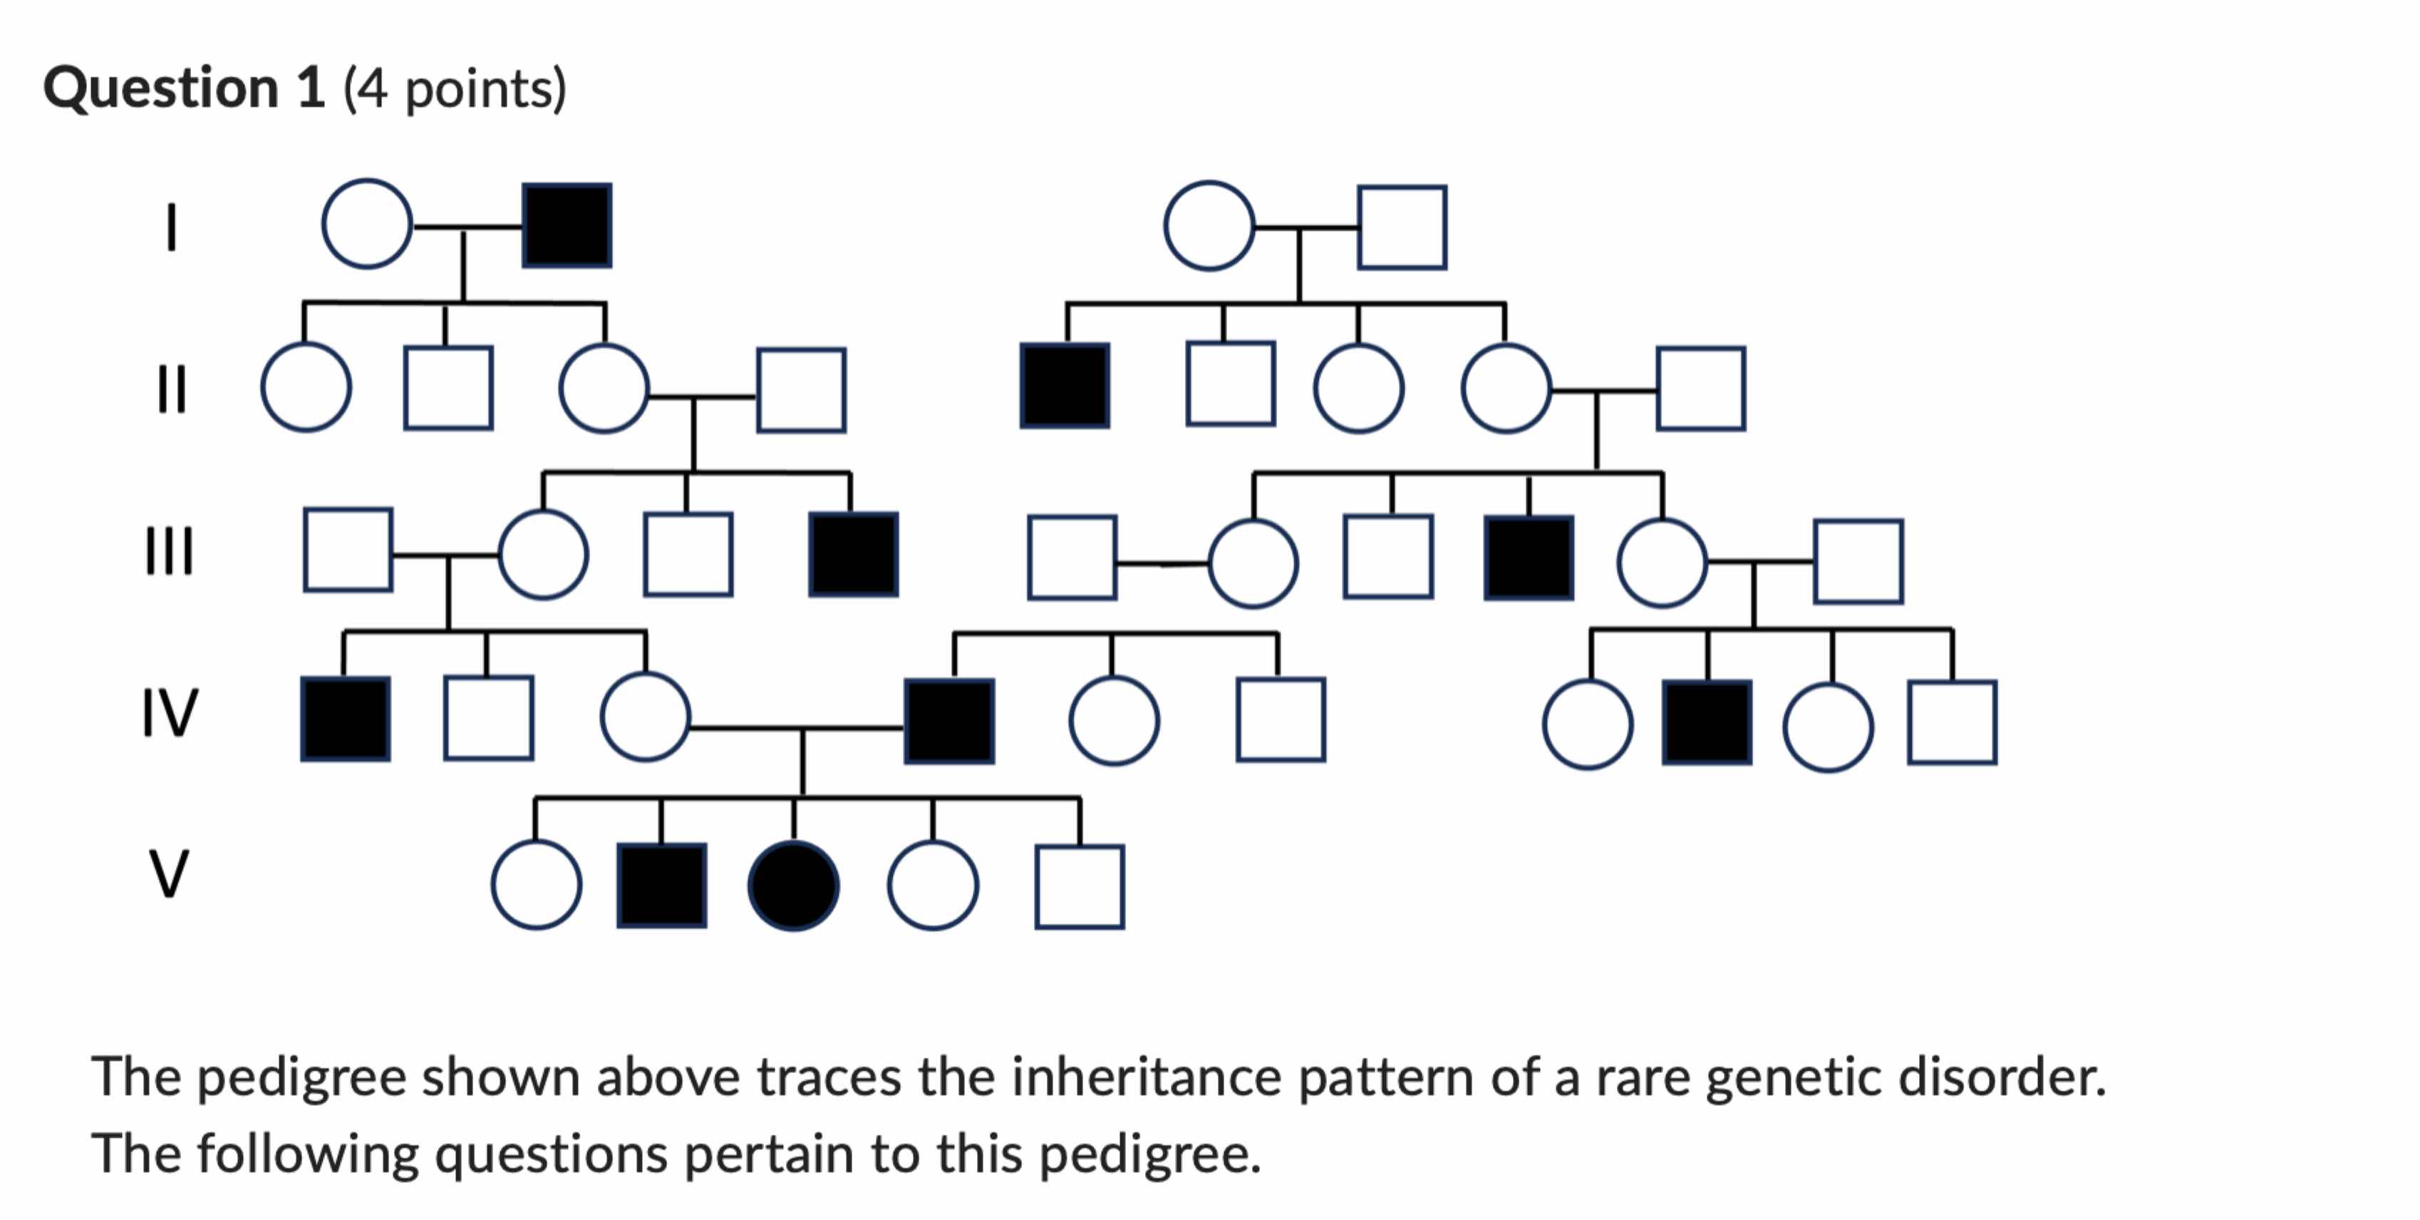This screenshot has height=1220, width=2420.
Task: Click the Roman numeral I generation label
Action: pos(171,227)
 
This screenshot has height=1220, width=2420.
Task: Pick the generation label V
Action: pos(169,874)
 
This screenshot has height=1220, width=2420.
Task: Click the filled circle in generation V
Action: pos(794,886)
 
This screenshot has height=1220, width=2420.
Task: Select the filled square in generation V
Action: pos(661,886)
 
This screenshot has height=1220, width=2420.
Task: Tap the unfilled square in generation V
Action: pos(1080,887)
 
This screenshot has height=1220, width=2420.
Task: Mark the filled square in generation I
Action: pos(567,225)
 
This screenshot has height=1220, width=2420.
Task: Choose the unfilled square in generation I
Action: pos(1402,227)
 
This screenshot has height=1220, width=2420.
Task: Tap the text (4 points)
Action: pos(455,89)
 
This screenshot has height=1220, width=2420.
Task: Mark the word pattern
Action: pos(1387,1077)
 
